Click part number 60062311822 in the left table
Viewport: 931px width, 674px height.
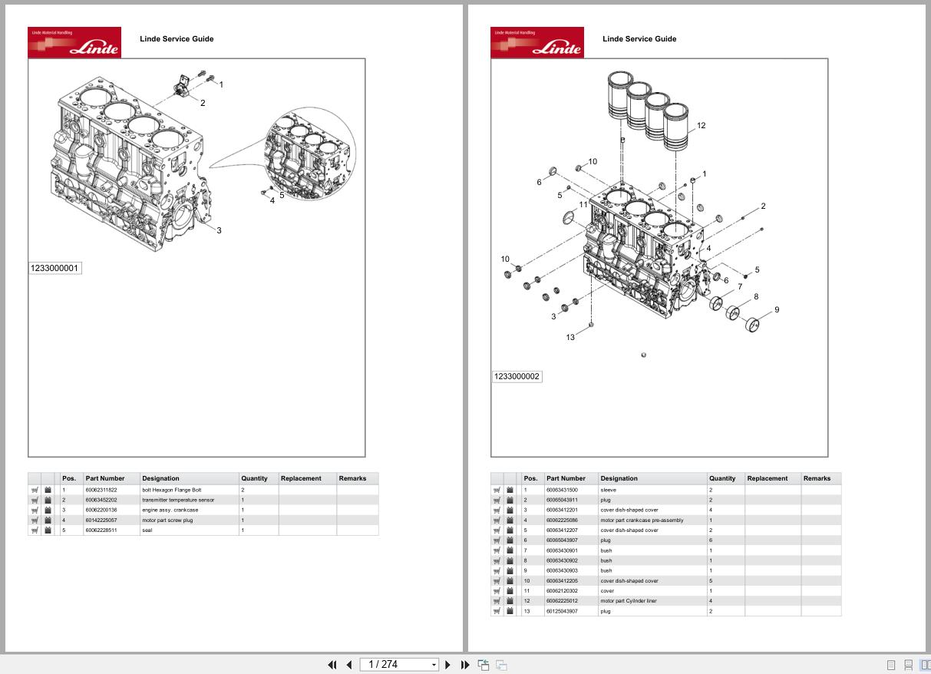tap(101, 490)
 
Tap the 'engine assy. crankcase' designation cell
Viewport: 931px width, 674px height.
tap(170, 510)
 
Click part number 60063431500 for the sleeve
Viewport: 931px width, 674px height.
tap(562, 490)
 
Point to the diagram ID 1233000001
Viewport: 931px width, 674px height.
tap(54, 268)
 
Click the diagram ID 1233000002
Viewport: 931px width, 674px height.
tap(517, 376)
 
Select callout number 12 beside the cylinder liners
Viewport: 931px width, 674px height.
tap(701, 126)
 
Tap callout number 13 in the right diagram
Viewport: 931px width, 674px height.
tap(570, 337)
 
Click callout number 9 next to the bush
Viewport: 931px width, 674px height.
tap(777, 310)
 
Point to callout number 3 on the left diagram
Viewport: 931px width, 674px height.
tap(219, 230)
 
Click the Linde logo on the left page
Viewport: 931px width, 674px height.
tap(74, 42)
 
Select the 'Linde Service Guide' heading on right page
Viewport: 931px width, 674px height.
tap(639, 38)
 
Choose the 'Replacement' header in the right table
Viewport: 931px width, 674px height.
tap(768, 478)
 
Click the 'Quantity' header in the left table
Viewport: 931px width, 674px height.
tap(254, 478)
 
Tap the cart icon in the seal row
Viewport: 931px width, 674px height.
tap(35, 530)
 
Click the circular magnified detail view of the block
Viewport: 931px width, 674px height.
tap(309, 158)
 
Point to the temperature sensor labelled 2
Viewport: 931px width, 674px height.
tap(182, 86)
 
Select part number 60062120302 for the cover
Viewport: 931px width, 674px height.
tap(562, 591)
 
